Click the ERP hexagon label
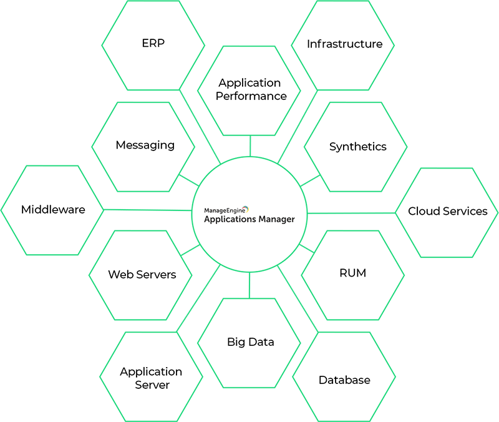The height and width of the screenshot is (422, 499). [153, 44]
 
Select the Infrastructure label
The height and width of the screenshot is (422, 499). [344, 44]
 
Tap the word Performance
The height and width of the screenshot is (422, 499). [251, 96]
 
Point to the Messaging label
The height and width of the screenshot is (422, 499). [145, 145]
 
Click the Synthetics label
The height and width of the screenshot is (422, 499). [357, 147]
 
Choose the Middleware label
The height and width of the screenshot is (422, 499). [53, 210]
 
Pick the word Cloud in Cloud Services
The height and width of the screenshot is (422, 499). [423, 211]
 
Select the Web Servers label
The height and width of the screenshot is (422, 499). [142, 275]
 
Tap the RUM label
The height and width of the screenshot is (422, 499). [352, 273]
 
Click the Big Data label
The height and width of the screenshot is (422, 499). [250, 342]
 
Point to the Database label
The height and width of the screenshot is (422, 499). [344, 380]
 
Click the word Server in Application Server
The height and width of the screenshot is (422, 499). [152, 385]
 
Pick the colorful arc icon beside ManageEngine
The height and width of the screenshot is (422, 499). [246, 209]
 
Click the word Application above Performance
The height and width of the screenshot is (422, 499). [249, 82]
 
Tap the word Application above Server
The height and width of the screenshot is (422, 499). [151, 371]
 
